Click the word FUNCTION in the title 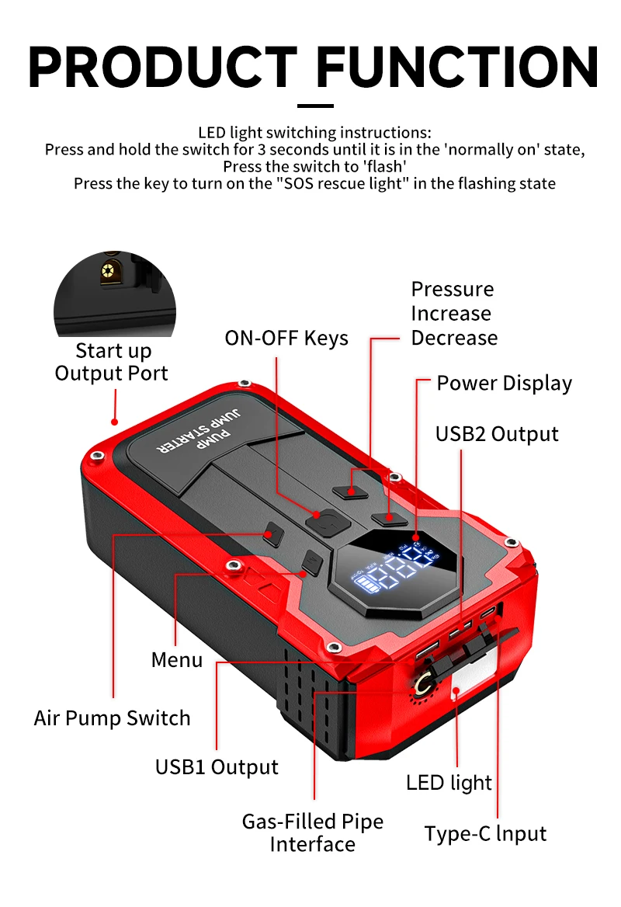point(458,68)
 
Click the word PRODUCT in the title point(163,68)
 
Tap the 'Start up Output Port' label point(112,362)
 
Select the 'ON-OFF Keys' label point(286,339)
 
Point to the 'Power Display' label point(504,383)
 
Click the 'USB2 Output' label point(497,433)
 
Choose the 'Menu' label point(177,659)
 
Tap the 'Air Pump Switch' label point(112,718)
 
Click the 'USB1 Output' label point(217,766)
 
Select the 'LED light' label point(449,782)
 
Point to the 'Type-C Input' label point(485,834)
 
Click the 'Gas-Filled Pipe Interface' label point(313,832)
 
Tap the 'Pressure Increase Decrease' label point(454,314)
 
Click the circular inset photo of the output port point(114,294)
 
